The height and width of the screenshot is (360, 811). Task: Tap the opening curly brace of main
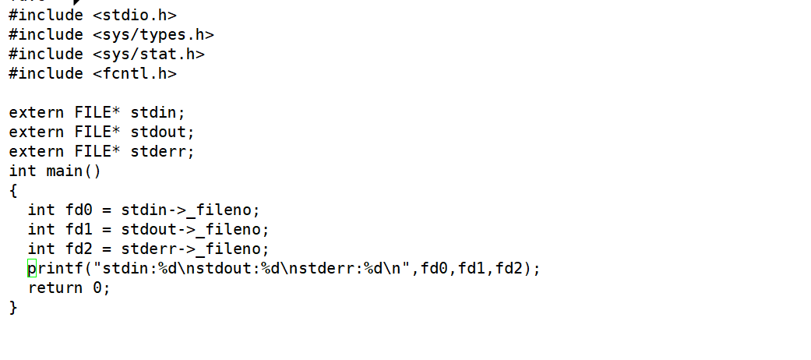click(13, 190)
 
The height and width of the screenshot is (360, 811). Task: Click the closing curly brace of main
click(13, 307)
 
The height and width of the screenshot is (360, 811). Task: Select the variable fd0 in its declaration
click(79, 210)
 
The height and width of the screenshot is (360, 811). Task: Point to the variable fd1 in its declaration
click(79, 229)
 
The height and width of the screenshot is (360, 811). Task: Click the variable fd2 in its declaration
click(79, 249)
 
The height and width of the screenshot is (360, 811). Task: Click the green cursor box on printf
click(32, 269)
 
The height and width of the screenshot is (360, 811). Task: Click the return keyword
click(55, 288)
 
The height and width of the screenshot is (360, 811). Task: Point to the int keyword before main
click(23, 171)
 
